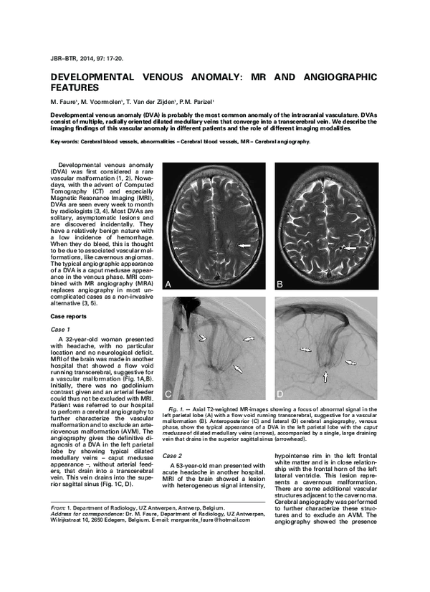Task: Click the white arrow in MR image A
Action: click(246, 246)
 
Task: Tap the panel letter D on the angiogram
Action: click(281, 394)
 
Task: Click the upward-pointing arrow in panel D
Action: click(326, 374)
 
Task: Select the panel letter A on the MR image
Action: click(169, 285)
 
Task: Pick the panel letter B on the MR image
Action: click(281, 285)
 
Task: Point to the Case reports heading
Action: click(70, 316)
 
